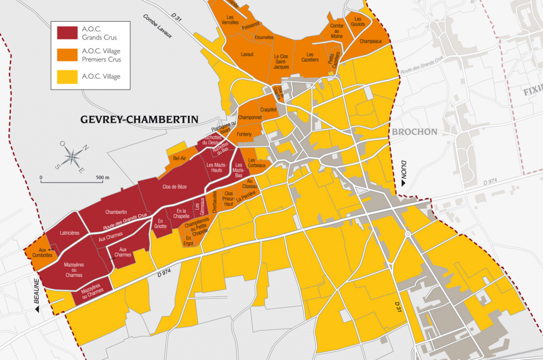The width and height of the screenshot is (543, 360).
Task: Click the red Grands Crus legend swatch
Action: point(67,33)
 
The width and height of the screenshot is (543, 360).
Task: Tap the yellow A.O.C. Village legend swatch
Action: point(67,77)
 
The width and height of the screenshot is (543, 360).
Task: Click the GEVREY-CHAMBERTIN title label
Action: point(139,120)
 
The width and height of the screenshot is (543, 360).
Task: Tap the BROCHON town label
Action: point(415,132)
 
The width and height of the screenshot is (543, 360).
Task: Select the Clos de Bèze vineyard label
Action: point(174,187)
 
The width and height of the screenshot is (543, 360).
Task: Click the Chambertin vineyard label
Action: point(116,212)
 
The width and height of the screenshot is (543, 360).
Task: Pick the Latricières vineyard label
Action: point(69,233)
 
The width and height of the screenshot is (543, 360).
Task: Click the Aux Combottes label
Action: point(42,252)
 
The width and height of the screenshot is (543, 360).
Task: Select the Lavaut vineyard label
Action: point(247,55)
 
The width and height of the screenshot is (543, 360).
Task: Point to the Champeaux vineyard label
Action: point(371,41)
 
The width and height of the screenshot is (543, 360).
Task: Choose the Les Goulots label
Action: point(355,21)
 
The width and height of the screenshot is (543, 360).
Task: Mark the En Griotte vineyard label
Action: point(160,223)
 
